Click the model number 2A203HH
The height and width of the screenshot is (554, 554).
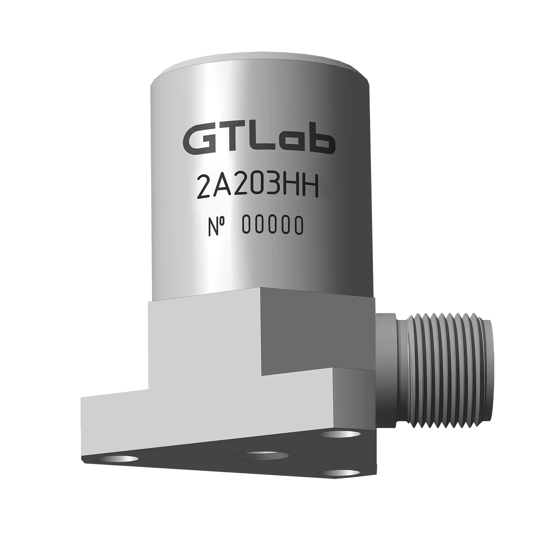pyautogui.click(x=257, y=188)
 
